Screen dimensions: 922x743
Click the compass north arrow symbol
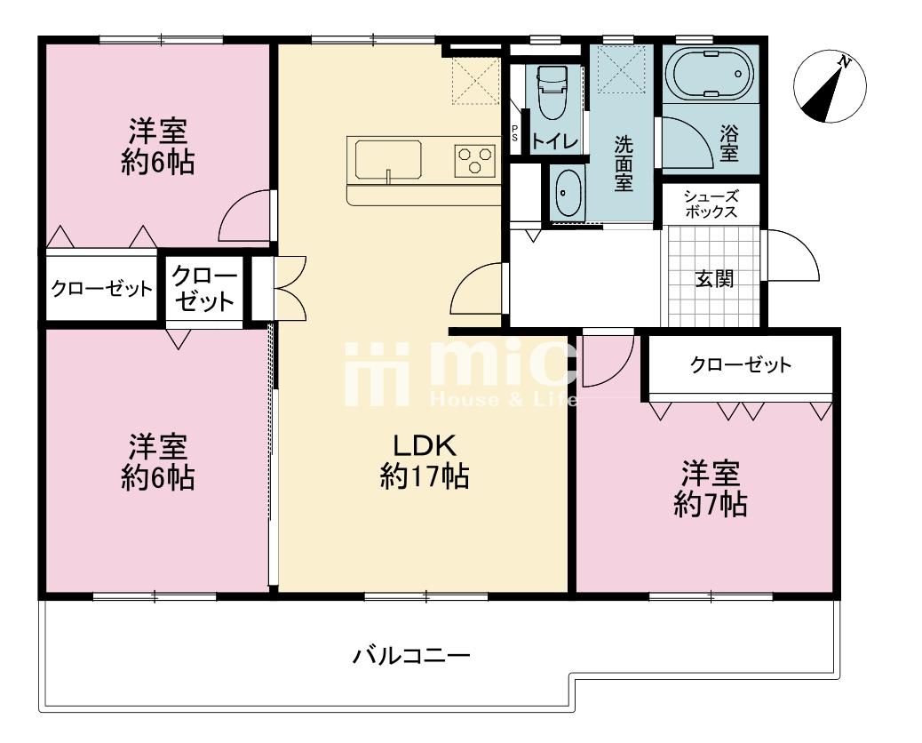click(830, 86)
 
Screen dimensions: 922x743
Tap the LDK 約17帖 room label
click(424, 460)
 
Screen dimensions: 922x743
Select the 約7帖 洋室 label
click(711, 488)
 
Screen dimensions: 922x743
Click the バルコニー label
click(411, 655)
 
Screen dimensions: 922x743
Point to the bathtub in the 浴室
click(710, 75)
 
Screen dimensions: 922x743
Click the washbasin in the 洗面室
click(568, 192)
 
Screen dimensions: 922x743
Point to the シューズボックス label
click(711, 204)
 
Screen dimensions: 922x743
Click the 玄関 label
click(714, 278)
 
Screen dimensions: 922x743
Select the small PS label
click(514, 132)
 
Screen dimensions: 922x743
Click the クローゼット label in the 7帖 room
click(741, 364)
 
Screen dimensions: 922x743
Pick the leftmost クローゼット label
click(102, 289)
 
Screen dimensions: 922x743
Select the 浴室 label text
click(729, 143)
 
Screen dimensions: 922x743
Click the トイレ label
click(555, 141)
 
